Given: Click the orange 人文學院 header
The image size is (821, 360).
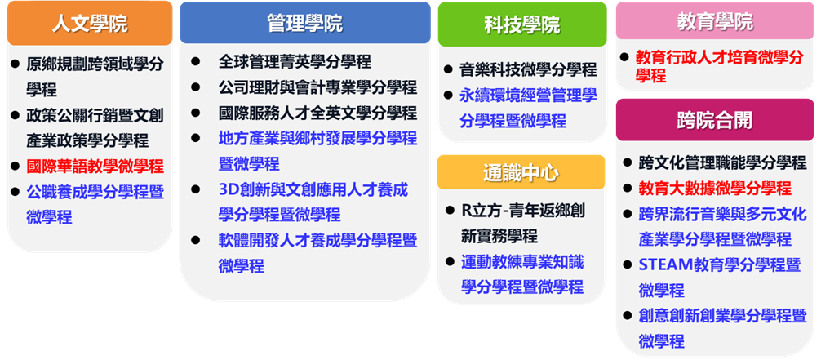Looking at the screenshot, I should coord(89,24).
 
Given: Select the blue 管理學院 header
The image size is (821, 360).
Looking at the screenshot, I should coord(304,24).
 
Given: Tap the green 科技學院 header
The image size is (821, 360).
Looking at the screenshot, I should coord(522,25).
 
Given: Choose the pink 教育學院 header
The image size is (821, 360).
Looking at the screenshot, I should coord(715,23).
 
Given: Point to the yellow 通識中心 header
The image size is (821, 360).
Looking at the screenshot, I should coord(521,172).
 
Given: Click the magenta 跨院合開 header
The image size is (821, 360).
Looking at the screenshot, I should coord(715,120).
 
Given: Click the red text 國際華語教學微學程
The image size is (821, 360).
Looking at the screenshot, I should coord(95,167).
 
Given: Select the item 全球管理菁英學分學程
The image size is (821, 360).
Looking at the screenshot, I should coord(295,62).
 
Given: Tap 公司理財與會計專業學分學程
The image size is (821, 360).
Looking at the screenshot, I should coord(317,87).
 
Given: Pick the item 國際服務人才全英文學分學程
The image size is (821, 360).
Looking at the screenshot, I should coord(317,113).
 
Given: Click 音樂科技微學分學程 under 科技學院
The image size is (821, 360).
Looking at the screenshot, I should coord(528,69).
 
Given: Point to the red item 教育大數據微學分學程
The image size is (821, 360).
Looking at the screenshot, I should coord(715,189).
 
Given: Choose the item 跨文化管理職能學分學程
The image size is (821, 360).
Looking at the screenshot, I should coord(722,163).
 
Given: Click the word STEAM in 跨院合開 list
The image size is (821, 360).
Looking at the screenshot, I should coord(666,265).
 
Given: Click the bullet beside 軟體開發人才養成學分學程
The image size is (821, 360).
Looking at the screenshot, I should coord(196,241).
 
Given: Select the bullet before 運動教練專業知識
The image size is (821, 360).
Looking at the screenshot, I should coord(450,262).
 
